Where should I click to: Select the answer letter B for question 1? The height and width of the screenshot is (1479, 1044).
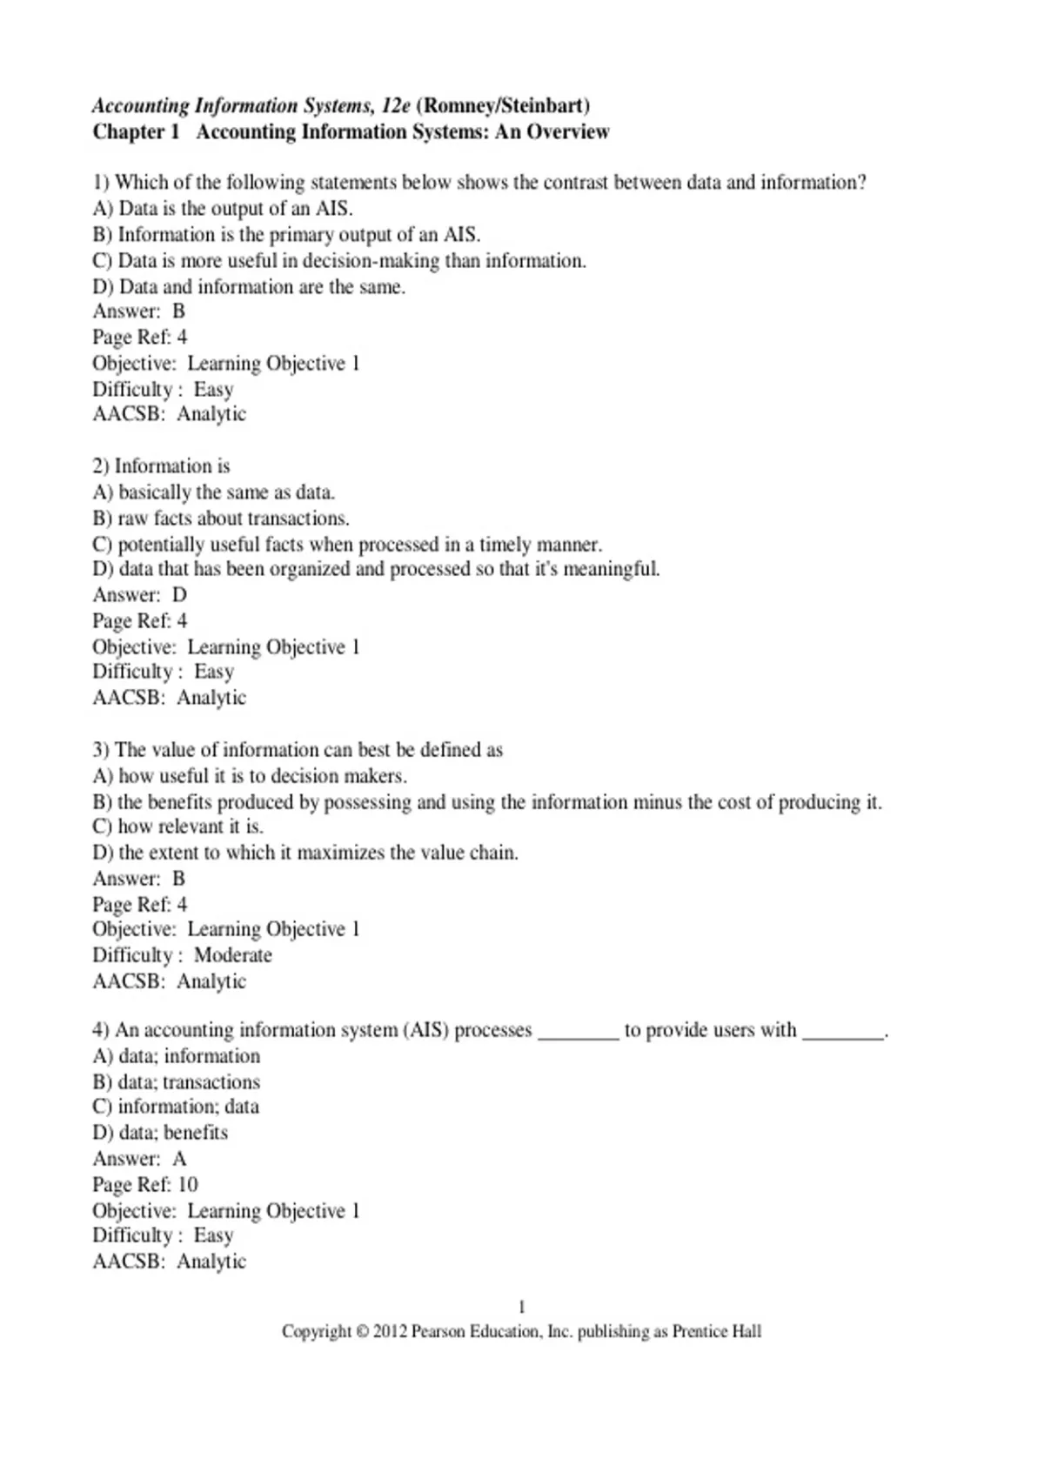(178, 311)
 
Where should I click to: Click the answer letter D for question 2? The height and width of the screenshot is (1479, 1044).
(179, 595)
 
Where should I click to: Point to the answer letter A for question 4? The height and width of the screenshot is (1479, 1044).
(179, 1159)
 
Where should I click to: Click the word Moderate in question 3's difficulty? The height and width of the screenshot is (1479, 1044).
(232, 955)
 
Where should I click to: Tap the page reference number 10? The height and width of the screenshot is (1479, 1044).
(188, 1185)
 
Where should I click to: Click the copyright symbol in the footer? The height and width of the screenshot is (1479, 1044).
(362, 1332)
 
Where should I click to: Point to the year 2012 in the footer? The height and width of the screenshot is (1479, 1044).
(390, 1332)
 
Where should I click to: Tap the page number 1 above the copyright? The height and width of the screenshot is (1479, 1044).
(522, 1307)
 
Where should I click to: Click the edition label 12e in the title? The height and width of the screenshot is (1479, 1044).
(396, 106)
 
